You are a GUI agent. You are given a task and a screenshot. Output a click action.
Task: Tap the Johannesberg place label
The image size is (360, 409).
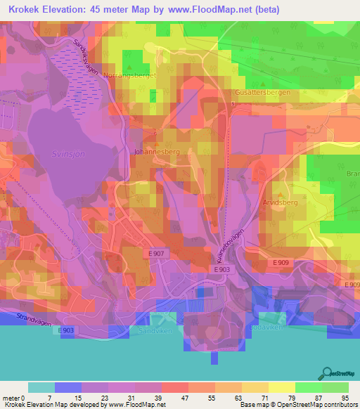[153, 150]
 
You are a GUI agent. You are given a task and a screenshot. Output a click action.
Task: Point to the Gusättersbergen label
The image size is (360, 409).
[264, 92]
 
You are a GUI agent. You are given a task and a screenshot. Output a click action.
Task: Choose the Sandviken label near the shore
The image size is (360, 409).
[160, 327]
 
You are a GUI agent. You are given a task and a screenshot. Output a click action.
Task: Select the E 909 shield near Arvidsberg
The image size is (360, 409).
[282, 262]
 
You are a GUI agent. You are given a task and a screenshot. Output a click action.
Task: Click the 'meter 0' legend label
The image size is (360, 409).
[13, 398]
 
